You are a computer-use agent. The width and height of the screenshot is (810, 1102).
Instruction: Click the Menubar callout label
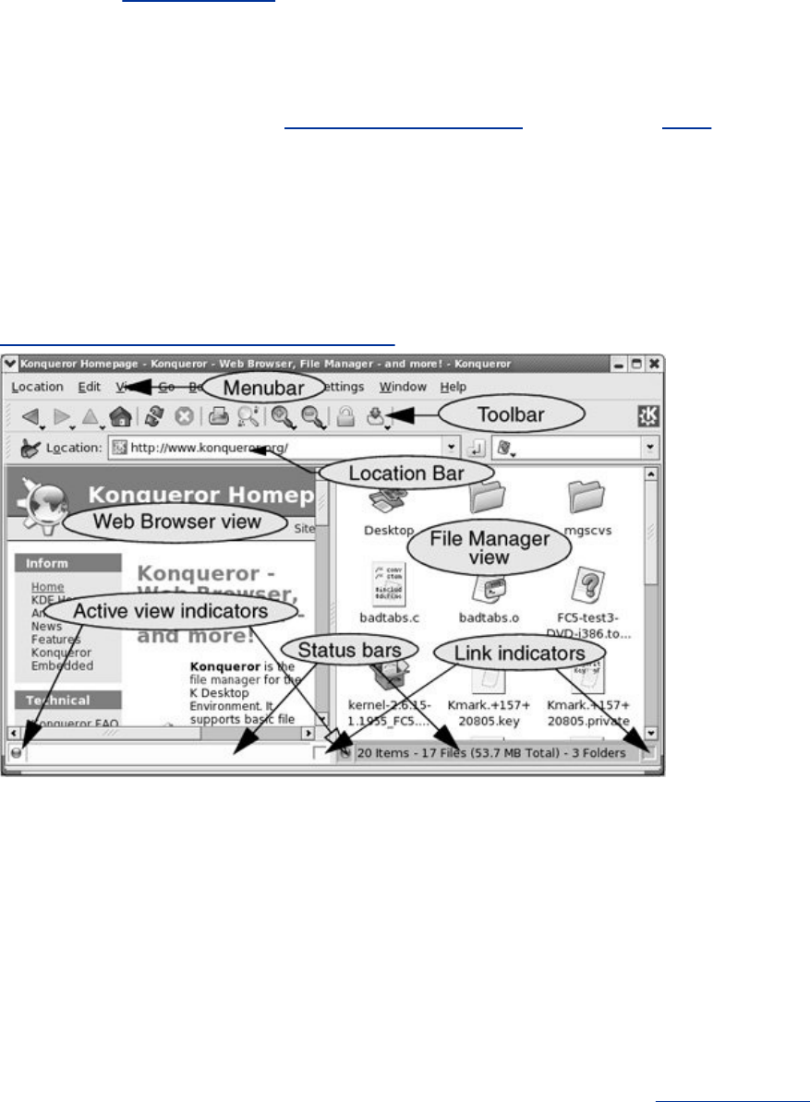click(264, 388)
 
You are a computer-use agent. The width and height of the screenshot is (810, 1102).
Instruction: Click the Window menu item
click(403, 387)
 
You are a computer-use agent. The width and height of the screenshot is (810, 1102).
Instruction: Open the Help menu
click(453, 387)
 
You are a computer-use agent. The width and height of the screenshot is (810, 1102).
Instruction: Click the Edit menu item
click(90, 387)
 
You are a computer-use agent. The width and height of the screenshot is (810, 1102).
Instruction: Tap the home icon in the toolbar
click(120, 418)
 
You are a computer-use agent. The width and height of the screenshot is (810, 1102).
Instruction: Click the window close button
click(654, 363)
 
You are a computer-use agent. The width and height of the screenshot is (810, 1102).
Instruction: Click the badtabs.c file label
click(390, 616)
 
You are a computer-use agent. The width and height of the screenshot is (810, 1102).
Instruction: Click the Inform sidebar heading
click(48, 563)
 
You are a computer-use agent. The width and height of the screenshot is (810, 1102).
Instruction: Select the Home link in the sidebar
click(47, 587)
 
